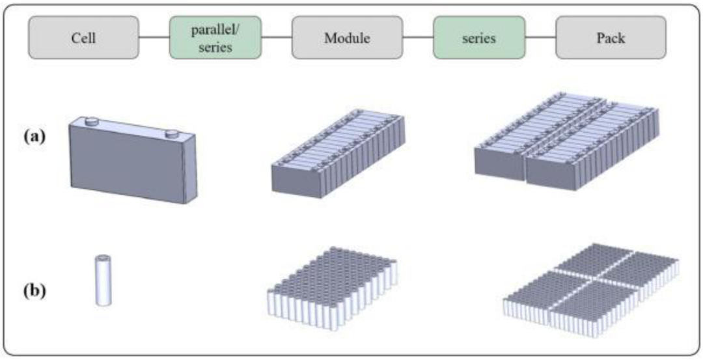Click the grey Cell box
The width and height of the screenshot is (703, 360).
83,38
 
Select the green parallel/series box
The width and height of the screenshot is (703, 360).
215,38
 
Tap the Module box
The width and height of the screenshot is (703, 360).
347,38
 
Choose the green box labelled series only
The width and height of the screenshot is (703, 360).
479,38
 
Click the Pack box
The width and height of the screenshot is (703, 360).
611,38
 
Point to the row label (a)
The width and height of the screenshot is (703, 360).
34,136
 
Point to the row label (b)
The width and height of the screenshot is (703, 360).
34,292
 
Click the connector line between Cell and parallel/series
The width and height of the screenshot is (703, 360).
154,38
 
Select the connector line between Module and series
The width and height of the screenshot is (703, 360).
418,38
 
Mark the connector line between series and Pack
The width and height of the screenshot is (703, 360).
540,38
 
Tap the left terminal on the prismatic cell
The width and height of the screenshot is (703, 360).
92,120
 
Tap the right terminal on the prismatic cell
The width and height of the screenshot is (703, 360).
171,133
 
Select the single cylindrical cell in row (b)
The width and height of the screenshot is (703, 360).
103,281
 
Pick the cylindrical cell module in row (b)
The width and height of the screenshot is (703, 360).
332,288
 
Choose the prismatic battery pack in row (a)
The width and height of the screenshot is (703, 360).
567,141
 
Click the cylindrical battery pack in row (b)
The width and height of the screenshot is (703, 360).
591,290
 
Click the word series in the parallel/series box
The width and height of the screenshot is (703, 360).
215,47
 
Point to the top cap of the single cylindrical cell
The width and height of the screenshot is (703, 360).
103,258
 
